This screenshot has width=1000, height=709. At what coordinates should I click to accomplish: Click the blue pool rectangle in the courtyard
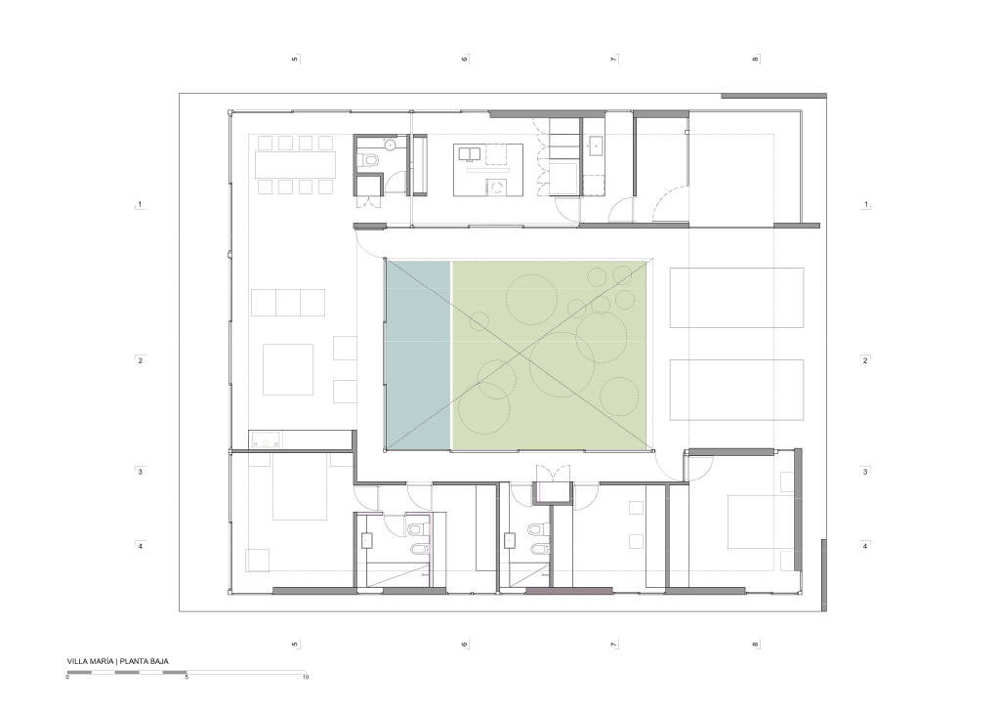click(418, 354)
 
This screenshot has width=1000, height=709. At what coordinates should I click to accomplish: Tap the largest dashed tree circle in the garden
click(562, 364)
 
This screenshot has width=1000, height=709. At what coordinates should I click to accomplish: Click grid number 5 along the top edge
click(295, 60)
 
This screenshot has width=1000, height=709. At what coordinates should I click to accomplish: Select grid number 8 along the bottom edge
click(756, 645)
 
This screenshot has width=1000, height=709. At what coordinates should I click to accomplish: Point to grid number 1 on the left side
click(141, 205)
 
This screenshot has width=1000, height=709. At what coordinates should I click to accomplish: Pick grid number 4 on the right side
click(865, 546)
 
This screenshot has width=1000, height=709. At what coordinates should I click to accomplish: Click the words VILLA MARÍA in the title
click(91, 661)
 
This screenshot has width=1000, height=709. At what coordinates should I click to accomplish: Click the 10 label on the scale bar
click(306, 677)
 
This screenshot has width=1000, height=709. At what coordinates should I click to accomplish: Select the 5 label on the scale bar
click(187, 677)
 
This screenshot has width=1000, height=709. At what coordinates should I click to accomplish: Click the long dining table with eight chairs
click(295, 164)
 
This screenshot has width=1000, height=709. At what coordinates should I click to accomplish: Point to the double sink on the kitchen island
click(470, 153)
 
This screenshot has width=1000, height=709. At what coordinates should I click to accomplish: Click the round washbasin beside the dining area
click(390, 146)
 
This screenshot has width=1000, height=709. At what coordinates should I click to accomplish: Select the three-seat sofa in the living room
click(288, 302)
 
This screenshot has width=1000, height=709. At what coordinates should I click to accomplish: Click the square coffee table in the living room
click(288, 369)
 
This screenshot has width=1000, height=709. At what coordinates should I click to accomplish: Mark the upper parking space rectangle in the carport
click(736, 298)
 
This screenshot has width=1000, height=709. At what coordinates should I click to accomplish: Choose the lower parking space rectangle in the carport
click(736, 390)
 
